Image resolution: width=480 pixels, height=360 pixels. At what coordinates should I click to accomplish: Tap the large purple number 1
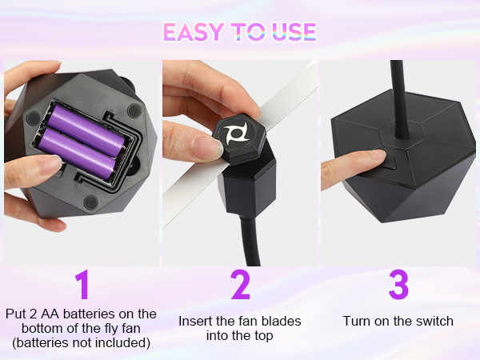(81, 286)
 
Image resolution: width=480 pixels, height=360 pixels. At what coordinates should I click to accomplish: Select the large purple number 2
(240, 286)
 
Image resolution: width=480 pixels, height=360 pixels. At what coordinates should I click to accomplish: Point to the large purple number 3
(398, 286)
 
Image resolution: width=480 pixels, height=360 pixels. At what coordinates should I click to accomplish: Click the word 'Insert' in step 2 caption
(195, 321)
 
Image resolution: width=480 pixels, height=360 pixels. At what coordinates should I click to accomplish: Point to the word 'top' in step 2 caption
(264, 336)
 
